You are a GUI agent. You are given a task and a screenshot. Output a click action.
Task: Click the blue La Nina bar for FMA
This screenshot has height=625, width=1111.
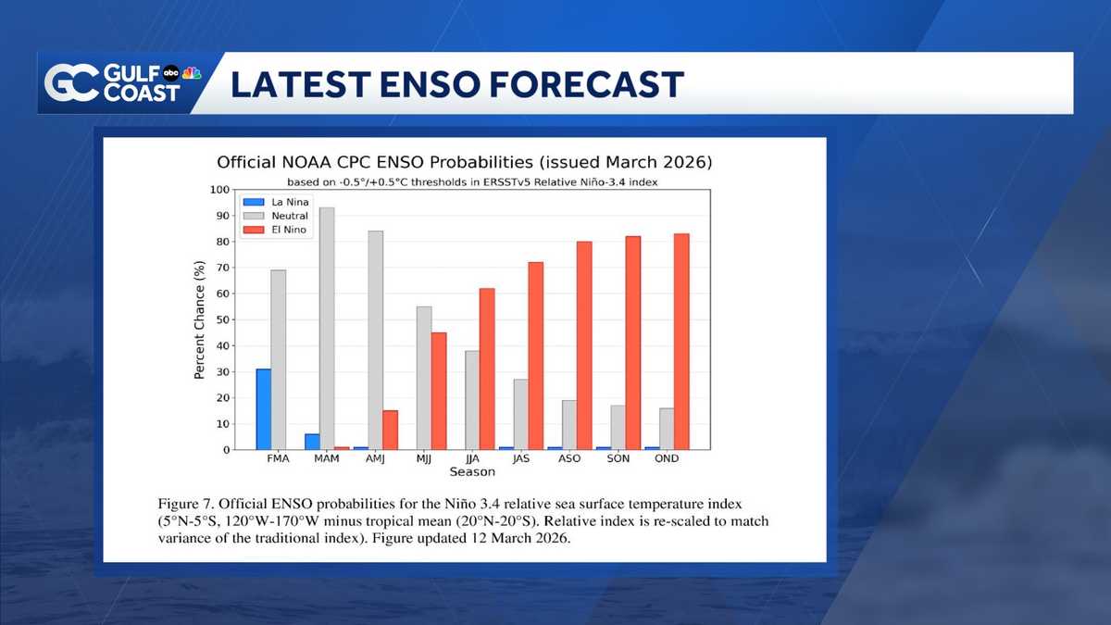(264, 409)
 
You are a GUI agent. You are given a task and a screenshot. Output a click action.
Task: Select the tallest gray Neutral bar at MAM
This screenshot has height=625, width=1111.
(327, 329)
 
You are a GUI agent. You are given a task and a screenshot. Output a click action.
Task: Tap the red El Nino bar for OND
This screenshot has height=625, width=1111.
(681, 342)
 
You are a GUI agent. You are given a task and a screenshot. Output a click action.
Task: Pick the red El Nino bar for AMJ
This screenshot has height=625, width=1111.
(391, 431)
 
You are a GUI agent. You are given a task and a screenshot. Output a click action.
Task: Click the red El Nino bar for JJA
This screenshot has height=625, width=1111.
(487, 369)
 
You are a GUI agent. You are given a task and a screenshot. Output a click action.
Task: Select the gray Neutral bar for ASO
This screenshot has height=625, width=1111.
(569, 425)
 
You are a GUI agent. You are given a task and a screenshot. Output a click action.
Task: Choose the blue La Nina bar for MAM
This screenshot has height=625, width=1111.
(312, 442)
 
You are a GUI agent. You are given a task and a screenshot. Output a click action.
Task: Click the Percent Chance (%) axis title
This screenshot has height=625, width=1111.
(199, 319)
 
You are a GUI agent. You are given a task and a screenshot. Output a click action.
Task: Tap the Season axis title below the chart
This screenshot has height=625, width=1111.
(472, 472)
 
